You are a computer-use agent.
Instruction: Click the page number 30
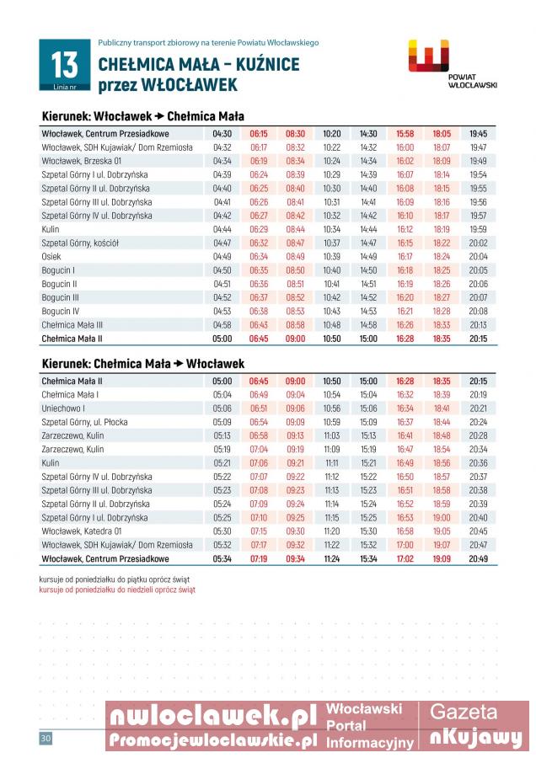coord(46,739)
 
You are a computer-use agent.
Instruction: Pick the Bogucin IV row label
coord(60,311)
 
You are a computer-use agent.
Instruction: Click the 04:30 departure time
coord(222,133)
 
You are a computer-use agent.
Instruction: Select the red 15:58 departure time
coord(405,133)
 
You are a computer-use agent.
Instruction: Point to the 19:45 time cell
coord(479,133)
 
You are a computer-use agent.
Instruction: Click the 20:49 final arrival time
coord(479,558)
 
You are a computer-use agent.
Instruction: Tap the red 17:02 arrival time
coord(405,558)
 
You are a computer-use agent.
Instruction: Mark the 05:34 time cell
coord(222,558)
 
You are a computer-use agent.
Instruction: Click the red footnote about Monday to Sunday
coord(117,590)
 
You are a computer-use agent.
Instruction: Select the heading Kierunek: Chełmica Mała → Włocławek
coord(143,364)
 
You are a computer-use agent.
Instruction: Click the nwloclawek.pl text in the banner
coord(212,716)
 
